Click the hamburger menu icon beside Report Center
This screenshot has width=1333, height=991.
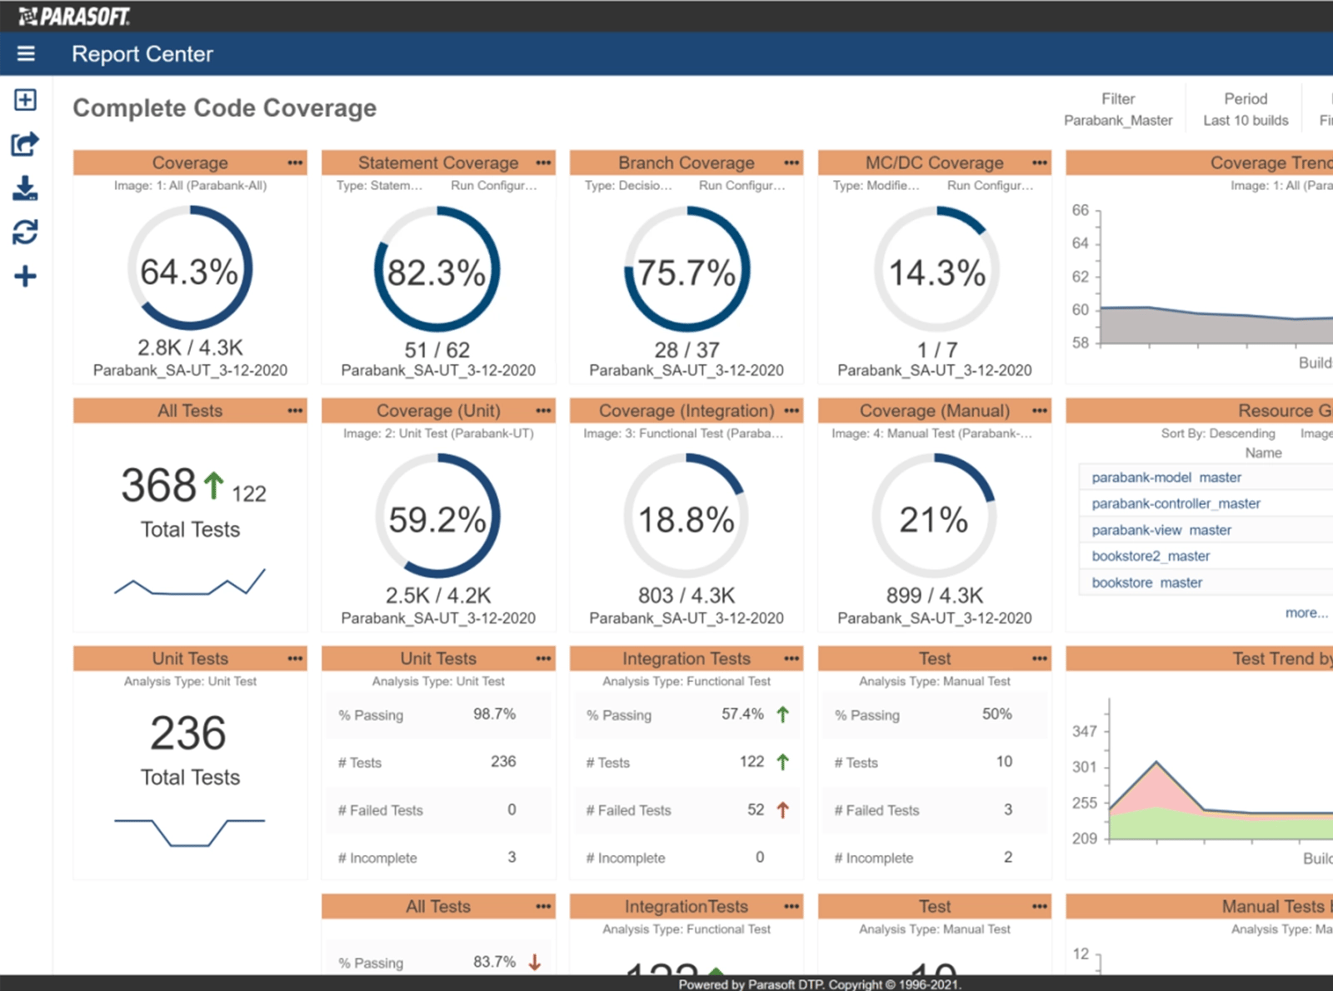[26, 53]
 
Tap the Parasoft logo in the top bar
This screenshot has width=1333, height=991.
[74, 16]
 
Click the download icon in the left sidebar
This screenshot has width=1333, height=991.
[25, 188]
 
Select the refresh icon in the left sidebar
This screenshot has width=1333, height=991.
[25, 232]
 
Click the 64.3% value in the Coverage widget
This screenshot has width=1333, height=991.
[189, 272]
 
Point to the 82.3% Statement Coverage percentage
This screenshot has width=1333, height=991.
[437, 273]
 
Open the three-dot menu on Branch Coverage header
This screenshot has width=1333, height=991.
[791, 163]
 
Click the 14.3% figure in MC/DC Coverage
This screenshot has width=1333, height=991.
[936, 273]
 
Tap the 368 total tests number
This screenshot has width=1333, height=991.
[158, 485]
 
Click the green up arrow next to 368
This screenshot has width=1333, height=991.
[214, 485]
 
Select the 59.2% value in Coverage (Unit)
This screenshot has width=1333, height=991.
[437, 519]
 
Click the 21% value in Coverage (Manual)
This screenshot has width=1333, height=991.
[933, 519]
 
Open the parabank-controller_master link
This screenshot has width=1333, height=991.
[1176, 503]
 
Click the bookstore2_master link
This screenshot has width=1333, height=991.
[1151, 556]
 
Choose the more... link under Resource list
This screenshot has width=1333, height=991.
[1306, 613]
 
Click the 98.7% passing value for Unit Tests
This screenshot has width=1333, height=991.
[494, 714]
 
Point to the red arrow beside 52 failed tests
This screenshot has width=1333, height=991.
[782, 809]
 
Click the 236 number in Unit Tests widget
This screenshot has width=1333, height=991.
[188, 733]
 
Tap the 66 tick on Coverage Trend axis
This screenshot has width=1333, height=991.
[1081, 210]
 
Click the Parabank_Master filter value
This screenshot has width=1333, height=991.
[1117, 120]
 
